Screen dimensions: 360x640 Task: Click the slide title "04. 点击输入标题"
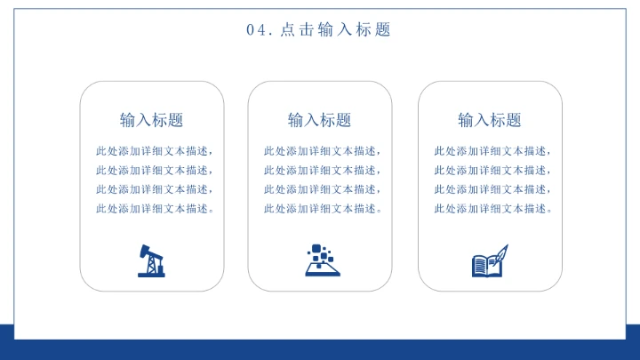click(319, 30)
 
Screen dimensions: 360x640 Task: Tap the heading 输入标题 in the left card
click(151, 120)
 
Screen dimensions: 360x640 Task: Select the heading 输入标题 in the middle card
click(319, 120)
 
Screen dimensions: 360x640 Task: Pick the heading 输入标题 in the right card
click(489, 120)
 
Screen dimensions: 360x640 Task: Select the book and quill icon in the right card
click(489, 261)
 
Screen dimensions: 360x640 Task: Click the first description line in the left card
click(155, 151)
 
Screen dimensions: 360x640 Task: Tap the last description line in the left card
click(155, 209)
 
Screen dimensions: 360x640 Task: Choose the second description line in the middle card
click(322, 171)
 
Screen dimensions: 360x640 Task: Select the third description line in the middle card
click(322, 189)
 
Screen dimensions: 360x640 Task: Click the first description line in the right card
click(492, 151)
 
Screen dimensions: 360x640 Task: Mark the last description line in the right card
click(492, 209)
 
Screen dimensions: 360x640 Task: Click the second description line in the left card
click(155, 171)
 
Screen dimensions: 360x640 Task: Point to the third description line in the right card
click(492, 189)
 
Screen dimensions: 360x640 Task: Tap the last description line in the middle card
click(322, 209)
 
